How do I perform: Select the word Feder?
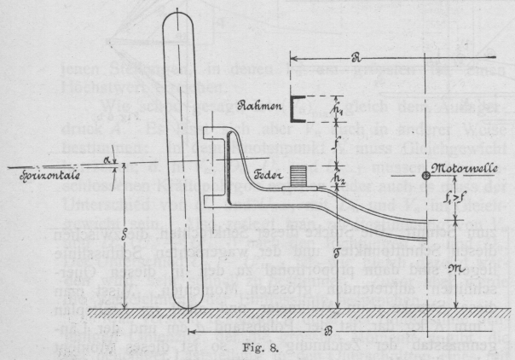pos(272,173)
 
